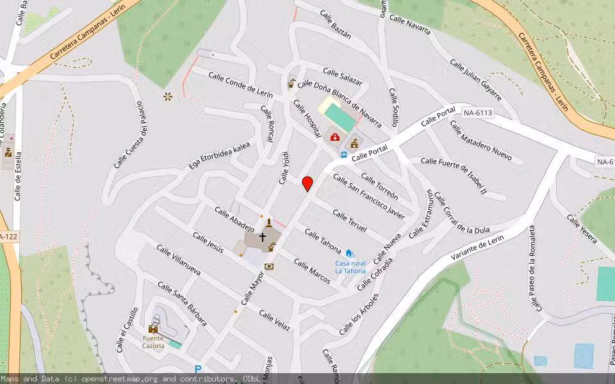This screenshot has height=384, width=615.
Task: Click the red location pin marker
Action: [307, 184]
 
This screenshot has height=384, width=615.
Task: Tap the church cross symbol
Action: [262, 237]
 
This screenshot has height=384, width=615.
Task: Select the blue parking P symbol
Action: [198, 369]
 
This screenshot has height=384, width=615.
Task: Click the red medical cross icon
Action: [334, 136]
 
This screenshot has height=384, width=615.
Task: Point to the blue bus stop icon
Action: [344, 154]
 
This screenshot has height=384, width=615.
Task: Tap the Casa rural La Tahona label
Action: [350, 267]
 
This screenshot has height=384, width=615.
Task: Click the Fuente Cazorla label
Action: [153, 342]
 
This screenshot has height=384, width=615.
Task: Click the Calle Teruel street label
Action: [349, 221]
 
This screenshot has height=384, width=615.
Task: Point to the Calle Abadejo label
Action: [234, 220]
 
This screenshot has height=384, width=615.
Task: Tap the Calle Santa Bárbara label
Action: [182, 305]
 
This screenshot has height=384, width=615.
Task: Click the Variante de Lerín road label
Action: [477, 248]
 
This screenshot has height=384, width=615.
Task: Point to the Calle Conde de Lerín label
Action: [241, 85]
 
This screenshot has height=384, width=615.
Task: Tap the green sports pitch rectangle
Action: [339, 117]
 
